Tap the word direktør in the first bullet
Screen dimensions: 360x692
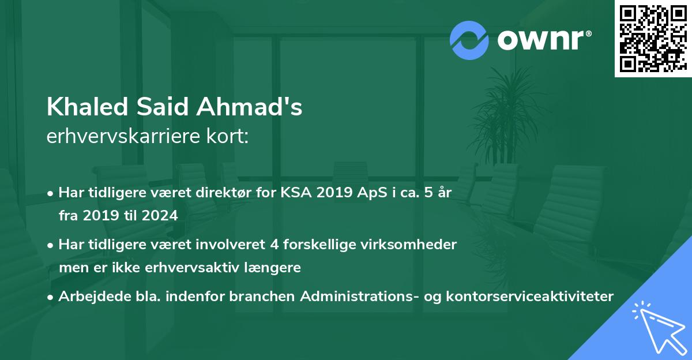coord(217,193)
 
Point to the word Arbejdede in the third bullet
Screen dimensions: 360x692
coord(89,297)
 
